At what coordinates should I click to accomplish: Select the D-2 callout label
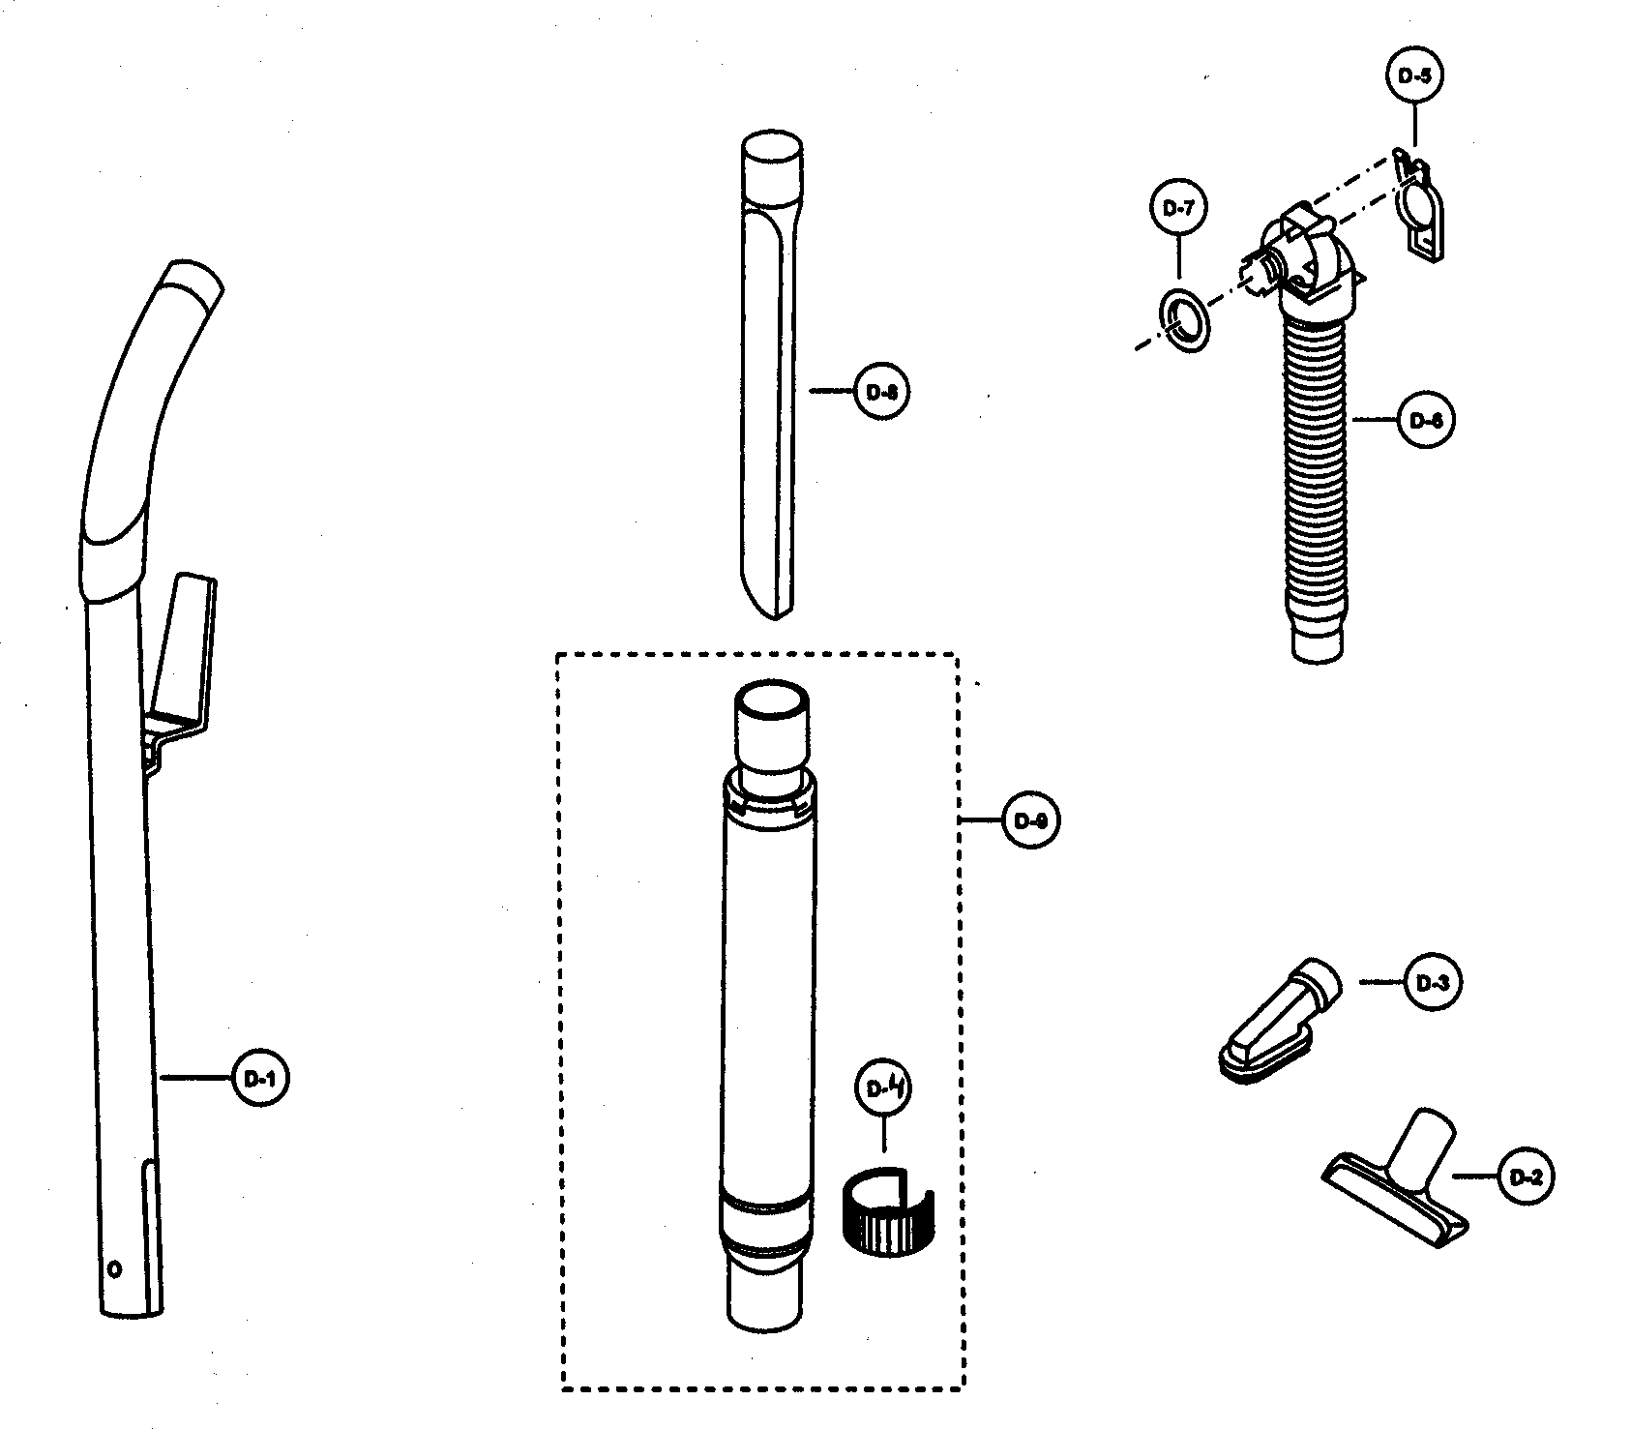pos(1526,1177)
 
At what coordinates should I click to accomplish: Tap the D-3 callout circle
pos(1431,982)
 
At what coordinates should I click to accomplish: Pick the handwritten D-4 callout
pos(884,1088)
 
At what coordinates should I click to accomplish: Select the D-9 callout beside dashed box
pos(1031,820)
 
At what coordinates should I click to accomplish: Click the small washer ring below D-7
pos(1182,318)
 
